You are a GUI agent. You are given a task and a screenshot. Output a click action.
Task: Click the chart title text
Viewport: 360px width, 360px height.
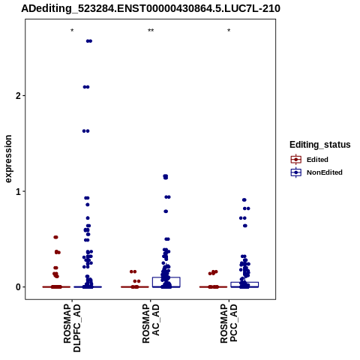(x=151, y=8)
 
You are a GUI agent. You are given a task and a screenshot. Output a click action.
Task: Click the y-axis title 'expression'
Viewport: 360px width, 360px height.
(x=8, y=159)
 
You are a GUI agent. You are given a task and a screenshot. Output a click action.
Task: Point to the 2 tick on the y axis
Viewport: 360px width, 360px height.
(x=18, y=95)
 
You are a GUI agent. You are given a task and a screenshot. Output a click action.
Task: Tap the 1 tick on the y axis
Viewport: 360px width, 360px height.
(x=18, y=191)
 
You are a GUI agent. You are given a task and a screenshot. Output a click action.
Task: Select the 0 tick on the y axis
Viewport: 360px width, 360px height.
(x=18, y=287)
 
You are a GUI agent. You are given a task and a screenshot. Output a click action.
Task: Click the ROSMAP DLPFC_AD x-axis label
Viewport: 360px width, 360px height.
(x=72, y=328)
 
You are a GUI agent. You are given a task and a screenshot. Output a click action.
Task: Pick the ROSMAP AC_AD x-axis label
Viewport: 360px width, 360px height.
(x=151, y=323)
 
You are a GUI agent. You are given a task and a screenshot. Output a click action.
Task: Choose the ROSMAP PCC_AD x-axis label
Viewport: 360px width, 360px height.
(x=229, y=323)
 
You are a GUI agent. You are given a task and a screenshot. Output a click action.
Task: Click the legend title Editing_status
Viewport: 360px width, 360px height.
(x=320, y=145)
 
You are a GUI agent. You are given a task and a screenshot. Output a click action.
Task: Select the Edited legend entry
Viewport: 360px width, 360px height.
(x=310, y=160)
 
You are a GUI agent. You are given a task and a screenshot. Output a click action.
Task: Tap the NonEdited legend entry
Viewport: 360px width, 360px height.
(x=316, y=172)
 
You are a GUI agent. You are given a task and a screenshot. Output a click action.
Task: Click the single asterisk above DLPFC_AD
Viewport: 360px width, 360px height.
(x=72, y=31)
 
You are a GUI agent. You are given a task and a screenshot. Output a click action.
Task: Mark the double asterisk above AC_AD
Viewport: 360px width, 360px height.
(x=151, y=31)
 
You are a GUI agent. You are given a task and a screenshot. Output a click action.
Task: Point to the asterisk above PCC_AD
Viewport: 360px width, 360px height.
(x=229, y=31)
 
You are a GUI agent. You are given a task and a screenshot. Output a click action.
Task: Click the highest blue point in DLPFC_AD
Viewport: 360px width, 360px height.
(x=89, y=41)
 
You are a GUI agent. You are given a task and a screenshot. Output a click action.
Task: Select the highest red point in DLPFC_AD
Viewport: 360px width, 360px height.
(x=55, y=237)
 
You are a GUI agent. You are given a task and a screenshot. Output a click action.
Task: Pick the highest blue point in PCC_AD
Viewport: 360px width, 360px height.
(x=244, y=199)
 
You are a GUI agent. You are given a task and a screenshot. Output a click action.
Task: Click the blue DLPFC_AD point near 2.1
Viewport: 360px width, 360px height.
(x=86, y=87)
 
